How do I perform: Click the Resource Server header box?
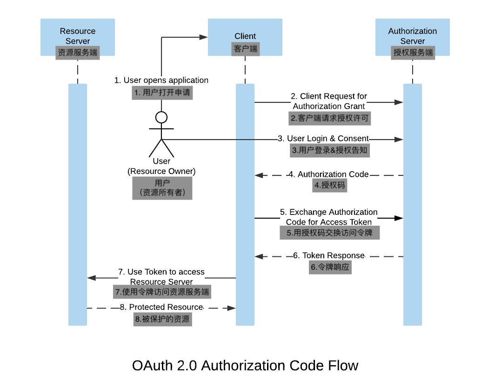[x=77, y=37]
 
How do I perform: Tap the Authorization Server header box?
[x=412, y=37]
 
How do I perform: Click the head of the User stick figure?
[x=161, y=117]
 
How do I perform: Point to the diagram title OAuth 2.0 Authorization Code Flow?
[x=245, y=365]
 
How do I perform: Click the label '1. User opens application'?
[x=161, y=80]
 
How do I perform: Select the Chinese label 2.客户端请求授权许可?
[x=329, y=118]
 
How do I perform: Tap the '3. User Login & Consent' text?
[x=323, y=139]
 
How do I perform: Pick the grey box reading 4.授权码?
[x=329, y=186]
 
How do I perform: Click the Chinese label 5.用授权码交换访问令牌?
[x=329, y=233]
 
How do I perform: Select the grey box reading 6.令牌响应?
[x=330, y=267]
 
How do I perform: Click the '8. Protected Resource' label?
[x=161, y=307]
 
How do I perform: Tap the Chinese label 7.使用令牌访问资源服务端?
[x=161, y=292]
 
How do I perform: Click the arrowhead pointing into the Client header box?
[x=203, y=37]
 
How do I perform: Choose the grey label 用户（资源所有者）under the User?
[x=162, y=188]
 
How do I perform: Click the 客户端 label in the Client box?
[x=245, y=48]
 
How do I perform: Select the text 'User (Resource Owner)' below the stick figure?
[x=161, y=166]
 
